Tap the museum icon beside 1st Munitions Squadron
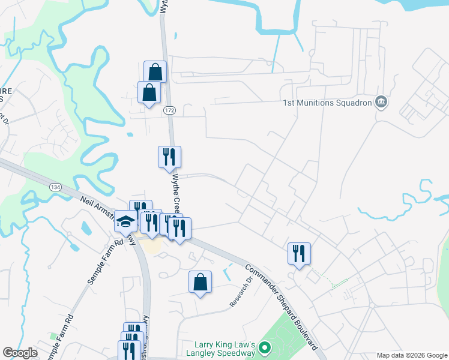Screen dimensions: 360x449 [380, 102]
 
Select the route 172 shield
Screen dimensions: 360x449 [169, 110]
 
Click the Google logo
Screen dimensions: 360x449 [20, 353]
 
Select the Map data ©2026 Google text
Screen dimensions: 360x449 [411, 355]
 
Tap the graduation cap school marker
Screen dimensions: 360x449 [126, 222]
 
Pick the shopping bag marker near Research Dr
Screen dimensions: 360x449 [200, 282]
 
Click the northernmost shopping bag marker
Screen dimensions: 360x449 [155, 72]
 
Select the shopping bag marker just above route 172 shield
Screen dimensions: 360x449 [149, 93]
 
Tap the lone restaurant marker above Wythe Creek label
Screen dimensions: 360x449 [169, 157]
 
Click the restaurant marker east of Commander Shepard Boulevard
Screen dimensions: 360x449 [299, 253]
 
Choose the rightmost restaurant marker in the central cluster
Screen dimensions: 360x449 [179, 228]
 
